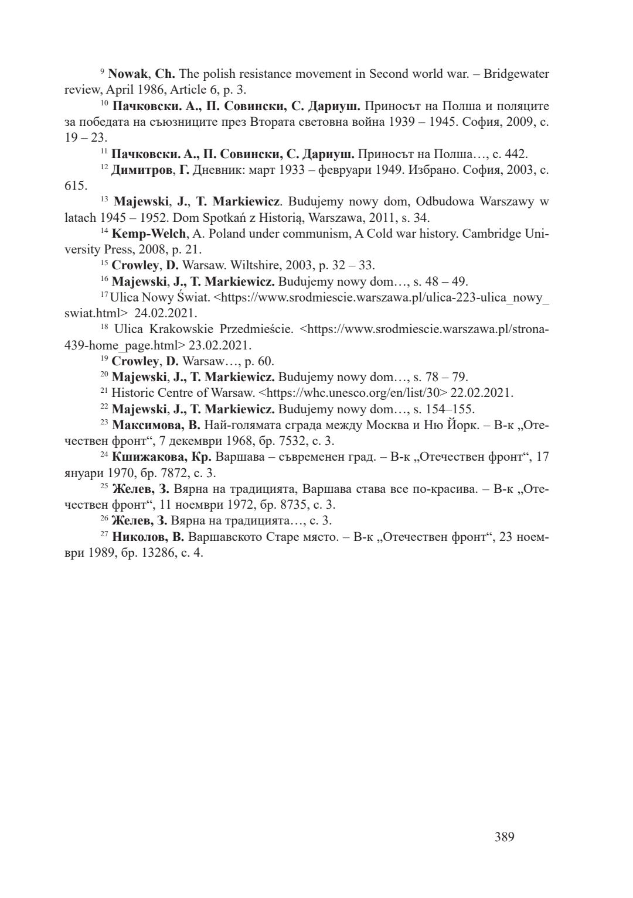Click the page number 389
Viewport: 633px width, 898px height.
504,837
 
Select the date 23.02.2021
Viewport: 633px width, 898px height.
220,345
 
